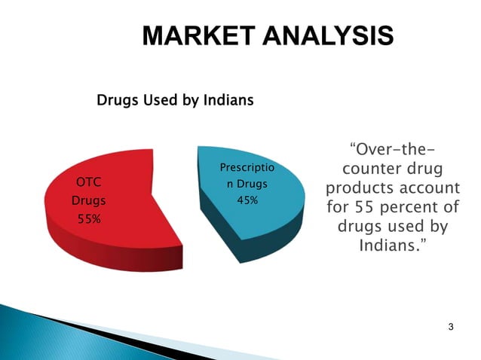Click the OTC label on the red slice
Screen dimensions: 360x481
[x=90, y=182]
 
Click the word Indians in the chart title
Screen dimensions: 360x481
[x=227, y=99]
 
